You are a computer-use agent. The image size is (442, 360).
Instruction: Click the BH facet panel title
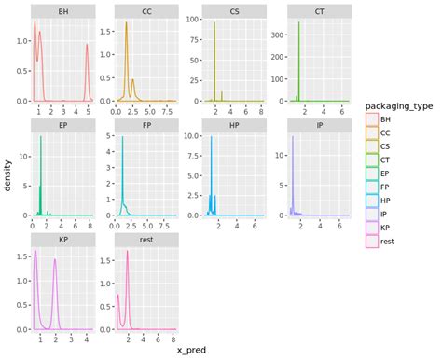tap(62, 12)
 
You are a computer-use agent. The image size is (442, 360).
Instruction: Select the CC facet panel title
tap(147, 12)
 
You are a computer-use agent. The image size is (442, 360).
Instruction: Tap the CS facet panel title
tap(234, 12)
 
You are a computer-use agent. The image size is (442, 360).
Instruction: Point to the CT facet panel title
tap(318, 12)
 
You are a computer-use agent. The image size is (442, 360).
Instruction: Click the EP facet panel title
tap(62, 123)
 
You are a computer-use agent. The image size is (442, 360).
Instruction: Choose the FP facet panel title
tap(147, 123)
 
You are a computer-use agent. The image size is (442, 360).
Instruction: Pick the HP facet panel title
tap(234, 123)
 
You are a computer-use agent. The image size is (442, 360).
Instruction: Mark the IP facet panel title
tap(318, 123)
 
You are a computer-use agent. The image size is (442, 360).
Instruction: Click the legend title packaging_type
tap(398, 106)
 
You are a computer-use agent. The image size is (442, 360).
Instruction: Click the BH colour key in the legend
tap(371, 120)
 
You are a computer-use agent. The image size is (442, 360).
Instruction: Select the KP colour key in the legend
tap(371, 228)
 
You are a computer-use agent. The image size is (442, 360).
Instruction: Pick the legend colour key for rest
tap(371, 242)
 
